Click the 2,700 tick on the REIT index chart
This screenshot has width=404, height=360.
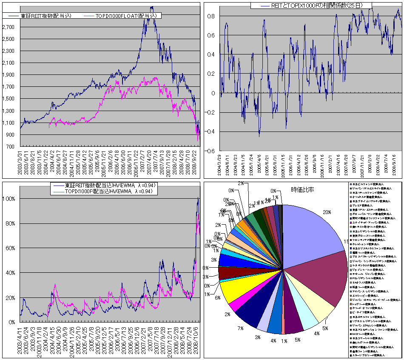(x=8, y=27)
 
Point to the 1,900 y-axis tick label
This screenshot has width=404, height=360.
(x=8, y=75)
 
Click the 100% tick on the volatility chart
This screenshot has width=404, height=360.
(x=9, y=199)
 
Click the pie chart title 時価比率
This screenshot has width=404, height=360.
(x=302, y=190)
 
